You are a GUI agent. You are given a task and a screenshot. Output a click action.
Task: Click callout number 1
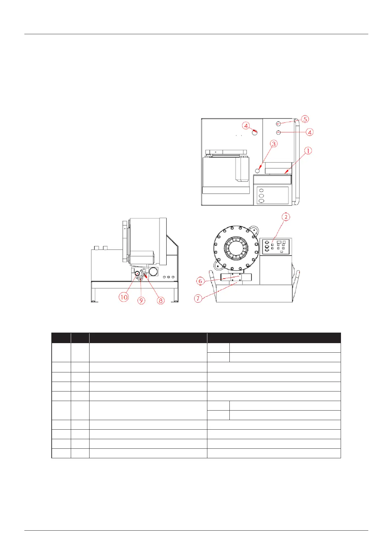click(x=308, y=151)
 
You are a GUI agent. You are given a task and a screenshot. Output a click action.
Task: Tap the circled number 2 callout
click(x=286, y=217)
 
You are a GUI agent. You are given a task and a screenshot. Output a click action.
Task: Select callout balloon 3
click(x=274, y=144)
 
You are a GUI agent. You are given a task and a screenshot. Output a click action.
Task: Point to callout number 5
click(x=305, y=119)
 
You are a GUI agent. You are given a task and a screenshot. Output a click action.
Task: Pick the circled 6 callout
click(x=200, y=281)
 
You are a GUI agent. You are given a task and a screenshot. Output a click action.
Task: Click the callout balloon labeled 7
click(x=198, y=298)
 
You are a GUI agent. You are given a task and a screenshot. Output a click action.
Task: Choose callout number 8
click(x=161, y=300)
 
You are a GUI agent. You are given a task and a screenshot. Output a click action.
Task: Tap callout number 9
click(x=141, y=300)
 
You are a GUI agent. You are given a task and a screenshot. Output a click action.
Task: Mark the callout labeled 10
click(x=124, y=297)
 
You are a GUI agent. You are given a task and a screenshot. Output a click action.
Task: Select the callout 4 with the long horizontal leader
click(x=309, y=132)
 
